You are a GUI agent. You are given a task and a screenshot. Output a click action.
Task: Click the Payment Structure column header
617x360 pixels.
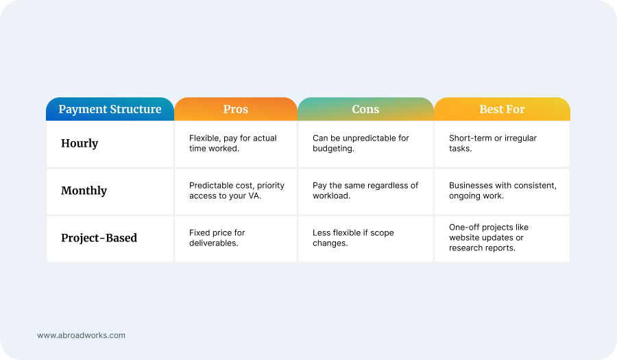110,109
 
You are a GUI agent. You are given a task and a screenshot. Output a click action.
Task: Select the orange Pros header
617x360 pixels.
236,109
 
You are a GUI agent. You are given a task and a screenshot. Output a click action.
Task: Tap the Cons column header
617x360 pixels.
365,109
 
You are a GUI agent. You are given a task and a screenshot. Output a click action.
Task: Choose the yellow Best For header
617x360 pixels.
502,109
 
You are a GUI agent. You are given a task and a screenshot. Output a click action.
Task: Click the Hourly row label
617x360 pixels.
80,143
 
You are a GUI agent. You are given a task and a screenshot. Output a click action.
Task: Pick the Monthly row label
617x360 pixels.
84,191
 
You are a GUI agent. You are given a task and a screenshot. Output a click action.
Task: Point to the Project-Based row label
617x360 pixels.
99,238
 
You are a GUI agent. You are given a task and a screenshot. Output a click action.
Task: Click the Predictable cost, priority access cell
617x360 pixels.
237,191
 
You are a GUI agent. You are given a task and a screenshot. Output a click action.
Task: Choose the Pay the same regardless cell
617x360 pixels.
365,191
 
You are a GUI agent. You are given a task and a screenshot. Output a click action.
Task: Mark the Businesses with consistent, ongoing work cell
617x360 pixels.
502,191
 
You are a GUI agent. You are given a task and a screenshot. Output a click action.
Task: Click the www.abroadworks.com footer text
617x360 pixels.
81,335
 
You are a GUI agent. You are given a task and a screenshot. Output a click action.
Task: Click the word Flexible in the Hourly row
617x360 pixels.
204,139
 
